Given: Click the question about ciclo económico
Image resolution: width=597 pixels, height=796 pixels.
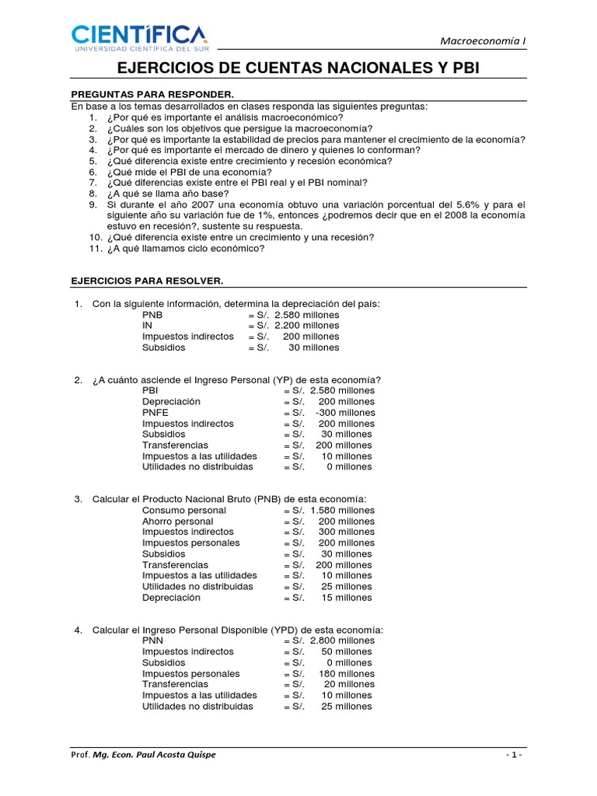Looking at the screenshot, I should [x=186, y=249].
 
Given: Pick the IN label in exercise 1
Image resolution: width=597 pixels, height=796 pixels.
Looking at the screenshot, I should [x=147, y=326].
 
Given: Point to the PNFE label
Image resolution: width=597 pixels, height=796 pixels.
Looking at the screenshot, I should [x=155, y=412].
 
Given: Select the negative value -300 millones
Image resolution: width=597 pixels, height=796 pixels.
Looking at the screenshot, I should [x=345, y=412].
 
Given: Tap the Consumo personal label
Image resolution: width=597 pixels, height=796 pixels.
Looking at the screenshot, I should [x=184, y=510].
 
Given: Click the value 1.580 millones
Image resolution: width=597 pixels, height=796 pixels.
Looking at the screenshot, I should [x=342, y=510].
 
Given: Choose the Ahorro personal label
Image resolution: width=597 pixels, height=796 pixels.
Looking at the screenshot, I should [x=177, y=521].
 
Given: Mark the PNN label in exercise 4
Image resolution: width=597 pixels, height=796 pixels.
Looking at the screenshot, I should [x=152, y=641].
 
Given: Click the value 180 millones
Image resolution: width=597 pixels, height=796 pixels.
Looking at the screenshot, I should [x=346, y=673].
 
